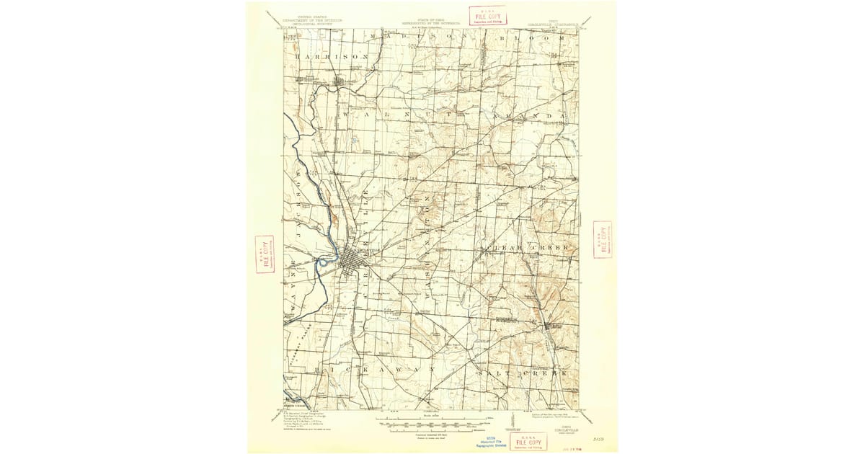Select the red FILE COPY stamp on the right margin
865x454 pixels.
(602, 239)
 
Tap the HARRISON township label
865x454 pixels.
(332, 55)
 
